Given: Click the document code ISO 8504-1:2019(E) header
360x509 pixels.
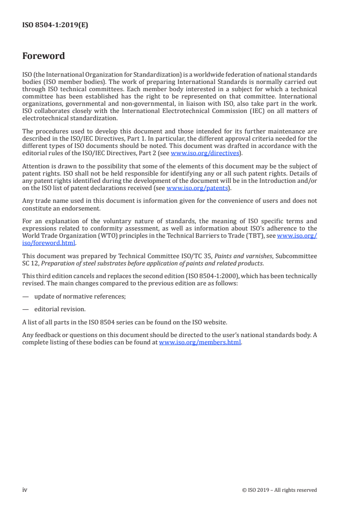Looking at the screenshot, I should [x=55, y=25].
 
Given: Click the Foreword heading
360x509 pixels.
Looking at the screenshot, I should [x=44, y=56].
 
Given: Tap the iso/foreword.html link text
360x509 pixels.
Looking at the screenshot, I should [x=49, y=243].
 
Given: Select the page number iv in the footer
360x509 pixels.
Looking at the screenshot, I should [x=25, y=489].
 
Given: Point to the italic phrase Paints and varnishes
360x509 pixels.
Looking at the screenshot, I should [x=243, y=256].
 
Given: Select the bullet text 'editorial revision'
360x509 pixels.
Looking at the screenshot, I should [x=59, y=309].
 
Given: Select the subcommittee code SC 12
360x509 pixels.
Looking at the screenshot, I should [x=30, y=263].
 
